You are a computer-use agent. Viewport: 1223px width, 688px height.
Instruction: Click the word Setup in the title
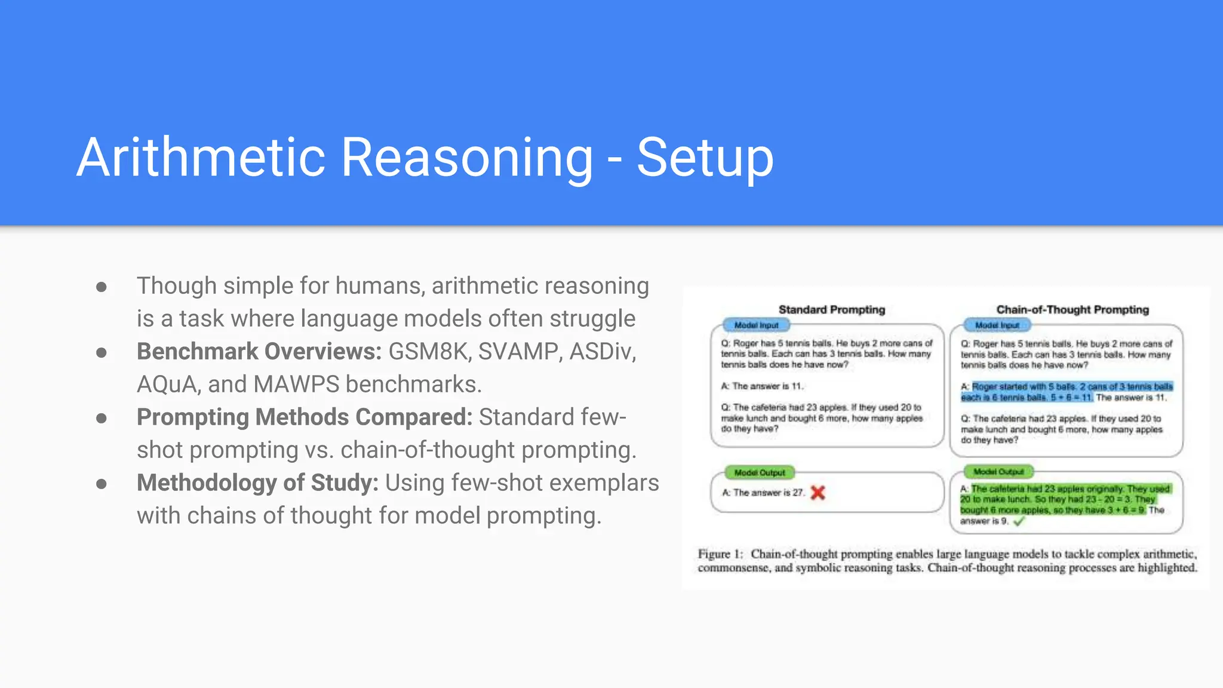[x=705, y=158]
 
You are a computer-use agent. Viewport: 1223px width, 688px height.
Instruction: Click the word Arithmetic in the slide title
[x=201, y=158]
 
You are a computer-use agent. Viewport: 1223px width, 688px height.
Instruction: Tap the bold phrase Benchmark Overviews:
[x=259, y=351]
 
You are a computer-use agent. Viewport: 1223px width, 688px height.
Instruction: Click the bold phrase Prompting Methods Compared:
[x=305, y=417]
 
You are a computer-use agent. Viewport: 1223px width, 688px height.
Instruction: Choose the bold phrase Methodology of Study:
[x=257, y=483]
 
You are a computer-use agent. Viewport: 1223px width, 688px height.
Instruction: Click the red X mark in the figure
[x=818, y=493]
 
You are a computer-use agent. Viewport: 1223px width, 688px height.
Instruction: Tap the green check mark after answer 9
[x=1019, y=521]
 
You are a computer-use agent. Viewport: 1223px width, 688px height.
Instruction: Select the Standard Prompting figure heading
[x=831, y=309]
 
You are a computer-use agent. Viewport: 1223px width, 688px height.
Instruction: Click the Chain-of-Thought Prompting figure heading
[x=1073, y=309]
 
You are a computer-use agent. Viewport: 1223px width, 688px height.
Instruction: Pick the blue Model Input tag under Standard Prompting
[x=756, y=325]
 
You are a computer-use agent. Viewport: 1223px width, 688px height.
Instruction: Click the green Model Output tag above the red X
[x=760, y=472]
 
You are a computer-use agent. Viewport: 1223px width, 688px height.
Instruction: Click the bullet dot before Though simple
[x=102, y=287]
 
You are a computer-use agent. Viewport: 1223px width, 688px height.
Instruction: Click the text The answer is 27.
[x=769, y=493]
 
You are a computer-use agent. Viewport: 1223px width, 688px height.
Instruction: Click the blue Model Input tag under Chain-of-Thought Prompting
[x=997, y=325]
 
